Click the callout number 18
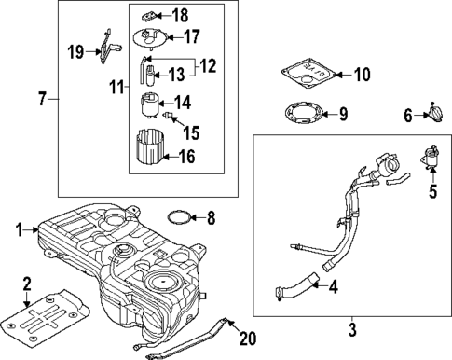[180, 16]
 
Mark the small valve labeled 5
[431, 158]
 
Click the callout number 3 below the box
[352, 329]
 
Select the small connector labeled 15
[167, 116]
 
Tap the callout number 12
[207, 66]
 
